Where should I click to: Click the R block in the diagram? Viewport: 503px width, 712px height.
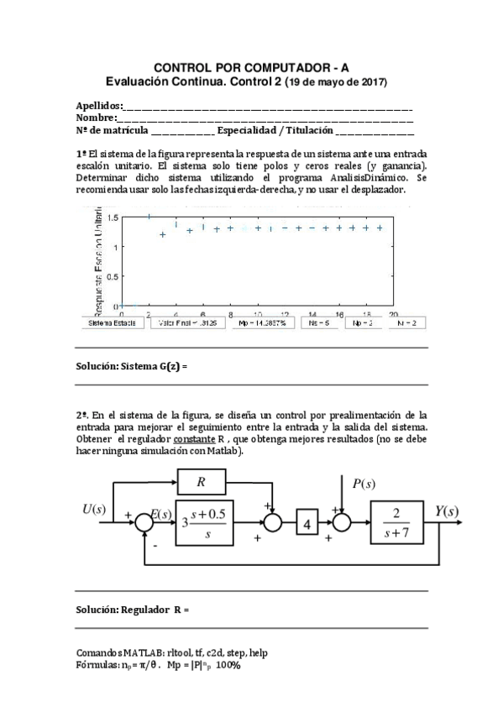(202, 482)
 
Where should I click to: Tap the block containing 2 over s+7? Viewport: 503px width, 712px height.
(400, 524)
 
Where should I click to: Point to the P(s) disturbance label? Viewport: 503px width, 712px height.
(364, 484)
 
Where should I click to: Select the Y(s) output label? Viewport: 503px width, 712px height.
(446, 511)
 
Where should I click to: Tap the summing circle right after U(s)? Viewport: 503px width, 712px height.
(145, 524)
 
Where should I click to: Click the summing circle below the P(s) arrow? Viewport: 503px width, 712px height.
(342, 524)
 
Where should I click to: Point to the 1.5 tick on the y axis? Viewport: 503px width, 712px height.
(113, 217)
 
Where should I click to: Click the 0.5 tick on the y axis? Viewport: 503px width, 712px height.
(113, 276)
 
